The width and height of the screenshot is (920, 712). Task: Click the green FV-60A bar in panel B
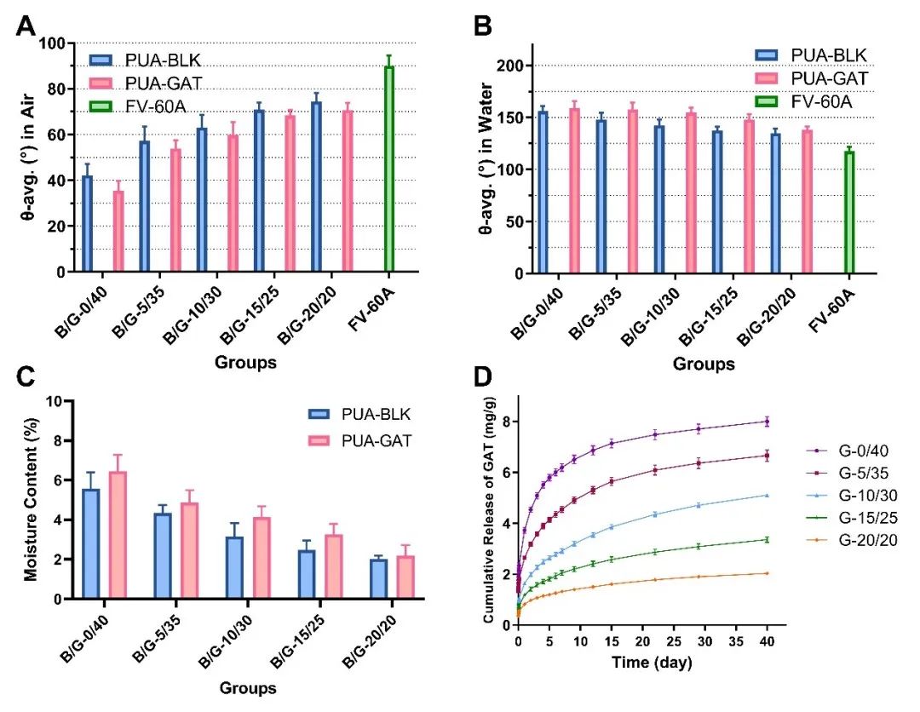click(848, 212)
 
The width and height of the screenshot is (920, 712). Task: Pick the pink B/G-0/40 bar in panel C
click(119, 536)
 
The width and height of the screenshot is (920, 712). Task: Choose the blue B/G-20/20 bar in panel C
click(378, 579)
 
